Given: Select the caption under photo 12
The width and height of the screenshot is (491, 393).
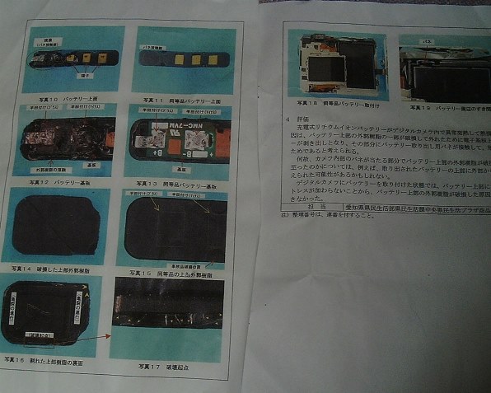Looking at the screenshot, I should pyautogui.click(x=61, y=175).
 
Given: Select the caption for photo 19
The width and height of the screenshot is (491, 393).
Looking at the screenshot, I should pyautogui.click(x=446, y=107).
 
